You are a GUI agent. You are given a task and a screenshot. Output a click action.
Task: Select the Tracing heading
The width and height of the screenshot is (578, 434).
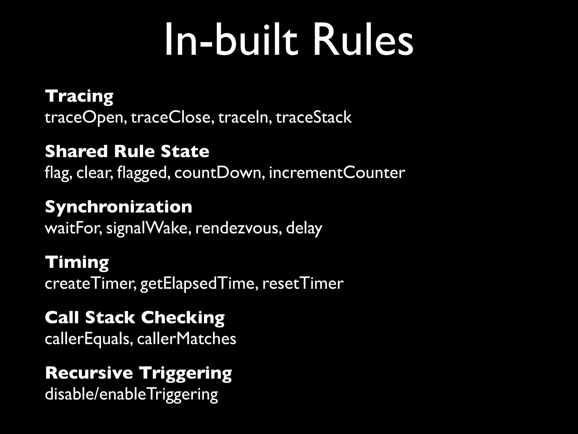coord(79,96)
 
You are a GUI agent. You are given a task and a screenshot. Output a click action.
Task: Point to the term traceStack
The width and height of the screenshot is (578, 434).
coord(314,118)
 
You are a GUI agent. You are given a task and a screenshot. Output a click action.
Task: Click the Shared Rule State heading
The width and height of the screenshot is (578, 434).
coord(127,151)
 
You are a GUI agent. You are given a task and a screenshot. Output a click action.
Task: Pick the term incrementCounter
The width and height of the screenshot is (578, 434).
coord(337,173)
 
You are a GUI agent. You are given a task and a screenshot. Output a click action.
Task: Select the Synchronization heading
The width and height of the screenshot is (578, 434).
coord(119,207)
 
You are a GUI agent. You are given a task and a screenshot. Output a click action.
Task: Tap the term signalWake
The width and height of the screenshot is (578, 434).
coord(147,228)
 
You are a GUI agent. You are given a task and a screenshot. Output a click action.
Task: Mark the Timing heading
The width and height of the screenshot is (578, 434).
coord(77,262)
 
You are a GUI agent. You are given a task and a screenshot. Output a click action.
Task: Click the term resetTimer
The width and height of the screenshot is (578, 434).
coord(303,283)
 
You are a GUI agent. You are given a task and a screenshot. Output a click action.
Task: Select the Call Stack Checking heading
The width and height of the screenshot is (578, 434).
coord(135,318)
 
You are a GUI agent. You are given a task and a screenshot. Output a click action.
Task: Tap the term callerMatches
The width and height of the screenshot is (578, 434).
coord(187,339)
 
